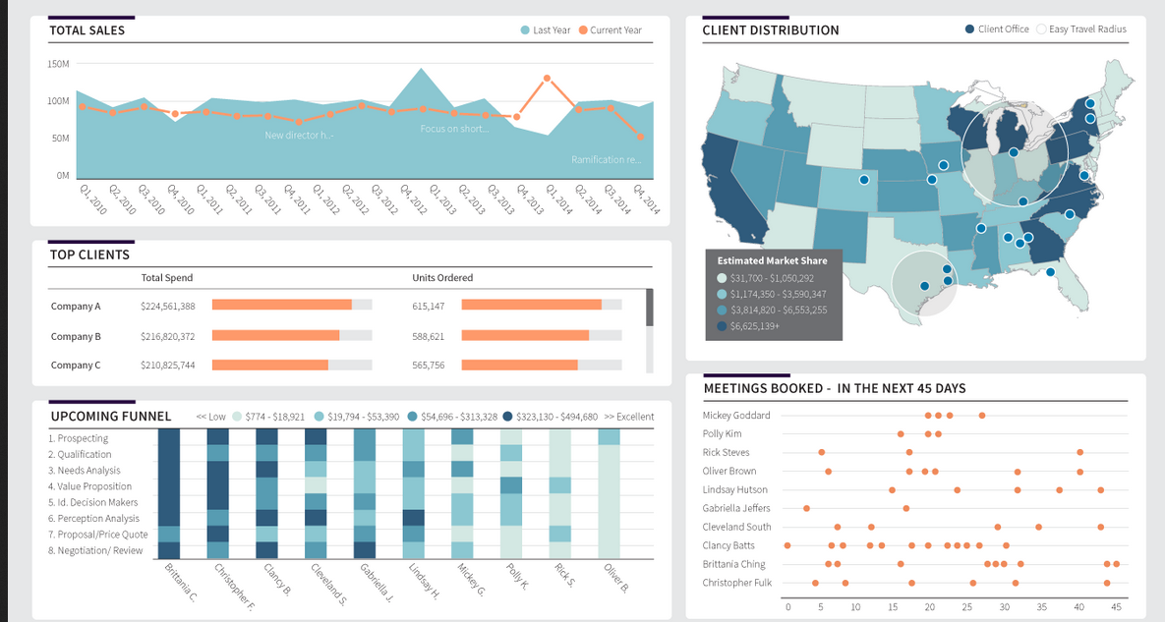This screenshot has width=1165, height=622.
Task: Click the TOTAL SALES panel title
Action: click(87, 30)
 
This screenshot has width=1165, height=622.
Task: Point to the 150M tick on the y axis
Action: click(58, 64)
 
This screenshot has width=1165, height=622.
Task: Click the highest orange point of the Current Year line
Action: click(548, 78)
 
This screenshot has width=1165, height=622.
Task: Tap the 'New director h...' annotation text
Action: click(299, 135)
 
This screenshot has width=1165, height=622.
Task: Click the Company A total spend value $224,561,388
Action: click(168, 307)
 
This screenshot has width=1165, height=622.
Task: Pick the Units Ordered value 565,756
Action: click(429, 366)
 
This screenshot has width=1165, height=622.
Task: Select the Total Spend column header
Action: click(167, 278)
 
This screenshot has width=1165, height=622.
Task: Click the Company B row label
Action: click(76, 336)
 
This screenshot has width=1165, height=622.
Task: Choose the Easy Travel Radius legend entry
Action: click(1086, 29)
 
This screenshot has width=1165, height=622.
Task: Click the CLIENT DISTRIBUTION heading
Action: click(770, 30)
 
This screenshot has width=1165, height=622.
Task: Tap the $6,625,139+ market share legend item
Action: click(754, 326)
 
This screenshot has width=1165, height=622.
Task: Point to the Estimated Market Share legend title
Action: click(772, 261)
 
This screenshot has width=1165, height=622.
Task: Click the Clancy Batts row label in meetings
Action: click(728, 545)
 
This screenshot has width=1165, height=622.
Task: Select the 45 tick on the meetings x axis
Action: click(1116, 607)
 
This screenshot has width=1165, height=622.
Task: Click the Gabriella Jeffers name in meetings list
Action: click(736, 508)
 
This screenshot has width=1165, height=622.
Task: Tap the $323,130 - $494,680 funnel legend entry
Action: click(555, 417)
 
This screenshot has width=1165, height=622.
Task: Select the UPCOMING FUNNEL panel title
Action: click(110, 417)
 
